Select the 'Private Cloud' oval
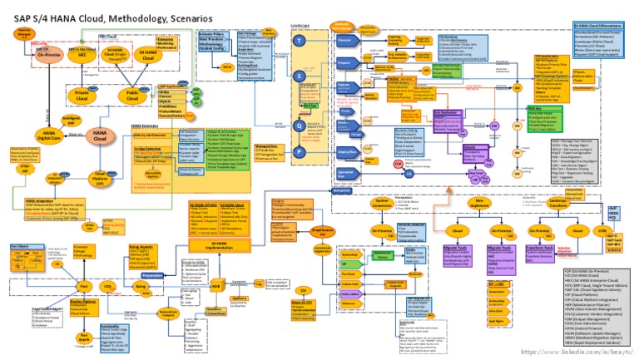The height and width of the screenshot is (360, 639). pos(82,94)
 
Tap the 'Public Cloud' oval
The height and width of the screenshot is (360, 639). pos(132,94)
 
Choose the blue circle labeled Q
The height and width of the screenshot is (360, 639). pos(300,126)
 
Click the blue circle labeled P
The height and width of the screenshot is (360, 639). pos(300,152)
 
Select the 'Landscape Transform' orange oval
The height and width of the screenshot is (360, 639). pos(558,203)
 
